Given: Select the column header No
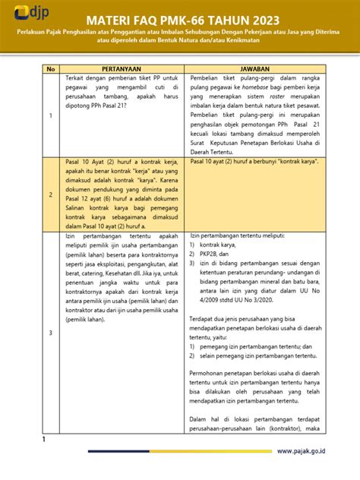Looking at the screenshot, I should click(51, 68).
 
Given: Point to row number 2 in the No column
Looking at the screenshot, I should click(51, 194).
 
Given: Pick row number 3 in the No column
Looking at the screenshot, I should click(51, 333).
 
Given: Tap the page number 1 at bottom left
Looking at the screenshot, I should click(43, 440).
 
